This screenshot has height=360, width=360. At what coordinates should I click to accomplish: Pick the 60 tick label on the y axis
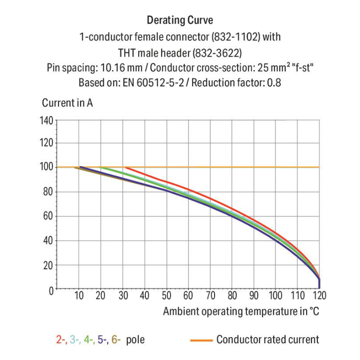pyautogui.click(x=48, y=216)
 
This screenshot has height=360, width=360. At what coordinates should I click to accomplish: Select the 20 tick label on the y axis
pyautogui.click(x=48, y=265)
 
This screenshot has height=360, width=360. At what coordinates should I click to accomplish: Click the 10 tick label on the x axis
pyautogui.click(x=79, y=296)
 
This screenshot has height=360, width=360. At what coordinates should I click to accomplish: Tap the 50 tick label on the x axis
pyautogui.click(x=167, y=296)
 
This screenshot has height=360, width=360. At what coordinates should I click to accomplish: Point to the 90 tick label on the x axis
pyautogui.click(x=254, y=296)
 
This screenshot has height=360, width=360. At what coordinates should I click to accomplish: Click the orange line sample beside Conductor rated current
pyautogui.click(x=201, y=340)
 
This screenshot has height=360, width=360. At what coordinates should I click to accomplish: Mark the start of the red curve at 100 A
pyautogui.click(x=126, y=168)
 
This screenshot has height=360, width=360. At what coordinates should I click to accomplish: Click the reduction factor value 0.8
pyautogui.click(x=273, y=82)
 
